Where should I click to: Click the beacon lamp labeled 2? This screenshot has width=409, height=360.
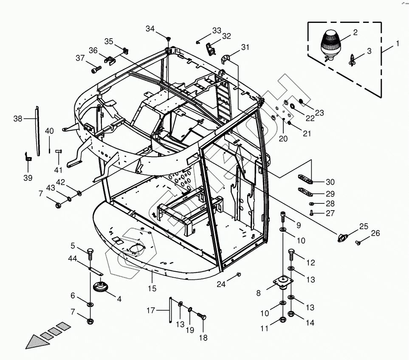(x=330, y=45)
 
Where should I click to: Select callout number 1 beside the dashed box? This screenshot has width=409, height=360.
(x=398, y=43)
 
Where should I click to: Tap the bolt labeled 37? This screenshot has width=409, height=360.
(x=96, y=70)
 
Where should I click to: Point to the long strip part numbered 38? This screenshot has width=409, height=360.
(x=37, y=131)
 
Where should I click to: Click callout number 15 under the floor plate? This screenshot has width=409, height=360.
(x=152, y=289)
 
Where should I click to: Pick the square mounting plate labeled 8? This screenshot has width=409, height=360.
(x=283, y=282)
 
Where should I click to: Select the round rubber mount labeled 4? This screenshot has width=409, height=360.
(x=101, y=286)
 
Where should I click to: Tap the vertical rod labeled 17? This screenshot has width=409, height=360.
(x=170, y=310)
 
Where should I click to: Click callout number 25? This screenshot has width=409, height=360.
(x=364, y=226)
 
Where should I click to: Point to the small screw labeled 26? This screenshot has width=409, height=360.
(x=358, y=243)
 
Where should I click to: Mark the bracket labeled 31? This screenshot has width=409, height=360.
(x=225, y=59)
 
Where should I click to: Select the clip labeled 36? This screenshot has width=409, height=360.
(x=110, y=60)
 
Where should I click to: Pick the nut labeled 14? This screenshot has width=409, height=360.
(x=291, y=314)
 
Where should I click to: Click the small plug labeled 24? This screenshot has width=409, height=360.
(x=238, y=274)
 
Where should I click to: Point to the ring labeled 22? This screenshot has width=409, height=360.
(x=292, y=106)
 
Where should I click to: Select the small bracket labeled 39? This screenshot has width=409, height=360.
(x=28, y=157)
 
